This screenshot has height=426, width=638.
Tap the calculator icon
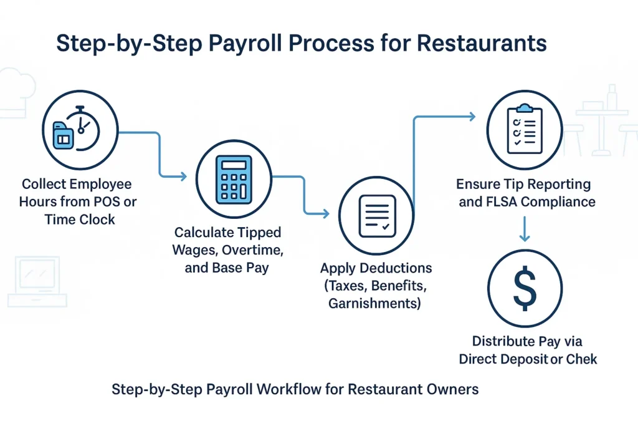coord(234,179)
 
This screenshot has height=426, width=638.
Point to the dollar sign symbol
coord(525,288)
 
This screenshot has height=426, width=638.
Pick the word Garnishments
coord(375,304)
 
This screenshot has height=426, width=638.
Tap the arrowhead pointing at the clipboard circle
coord(472,116)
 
